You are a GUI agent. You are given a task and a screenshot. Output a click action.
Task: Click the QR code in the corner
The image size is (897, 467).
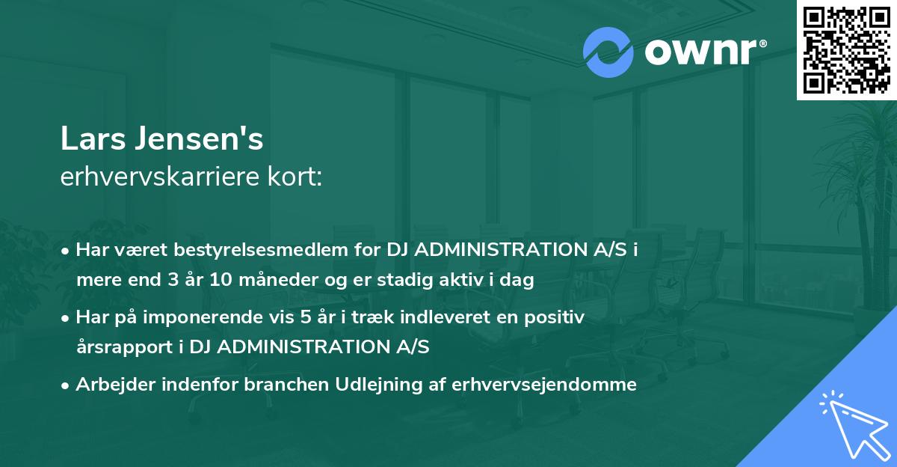(846, 49)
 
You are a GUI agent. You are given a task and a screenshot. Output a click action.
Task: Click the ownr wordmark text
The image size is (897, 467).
(706, 52)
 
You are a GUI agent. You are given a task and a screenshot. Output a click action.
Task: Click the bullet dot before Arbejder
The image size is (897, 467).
(67, 385)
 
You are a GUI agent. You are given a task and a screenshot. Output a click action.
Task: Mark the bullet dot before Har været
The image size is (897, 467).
(67, 251)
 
